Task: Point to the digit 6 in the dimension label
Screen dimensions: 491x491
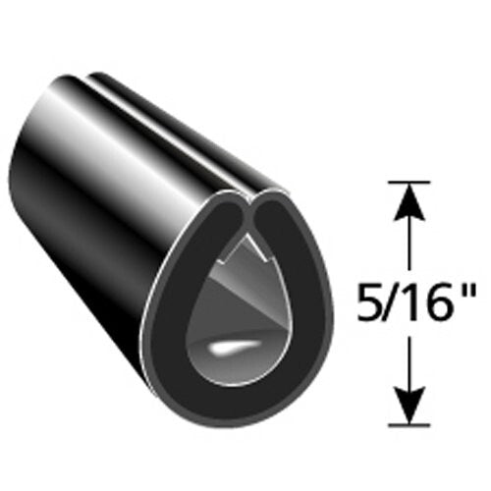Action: coord(428,295)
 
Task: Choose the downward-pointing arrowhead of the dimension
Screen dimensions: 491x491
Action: coord(409,405)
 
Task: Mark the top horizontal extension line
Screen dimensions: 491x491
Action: coord(409,181)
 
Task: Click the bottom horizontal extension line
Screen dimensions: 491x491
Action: coord(409,425)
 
